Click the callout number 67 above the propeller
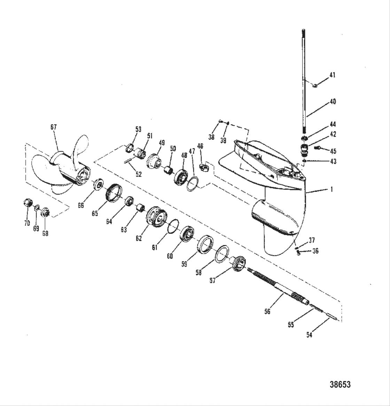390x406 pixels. point(53,127)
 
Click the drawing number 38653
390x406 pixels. point(340,384)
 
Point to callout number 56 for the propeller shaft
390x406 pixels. point(267,311)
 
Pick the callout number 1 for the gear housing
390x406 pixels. point(331,190)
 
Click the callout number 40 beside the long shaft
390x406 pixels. point(333,102)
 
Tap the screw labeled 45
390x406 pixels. point(317,148)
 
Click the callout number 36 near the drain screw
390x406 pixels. point(315,251)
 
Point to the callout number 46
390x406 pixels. point(200,146)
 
